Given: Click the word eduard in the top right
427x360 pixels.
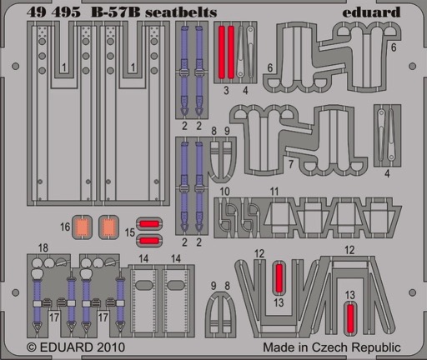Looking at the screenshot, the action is pos(371,12).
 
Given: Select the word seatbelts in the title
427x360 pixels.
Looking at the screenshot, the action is pos(181,12).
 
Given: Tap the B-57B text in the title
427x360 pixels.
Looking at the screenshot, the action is pos(115,12).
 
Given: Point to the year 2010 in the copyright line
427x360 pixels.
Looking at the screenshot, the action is pos(111,347).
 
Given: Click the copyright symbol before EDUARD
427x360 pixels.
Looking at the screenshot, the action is pos(32,347).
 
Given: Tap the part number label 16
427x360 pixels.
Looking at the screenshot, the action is pos(65,227).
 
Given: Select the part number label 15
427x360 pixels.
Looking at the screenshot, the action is pos(129,232).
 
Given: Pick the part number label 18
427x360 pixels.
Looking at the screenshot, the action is pos(43,247).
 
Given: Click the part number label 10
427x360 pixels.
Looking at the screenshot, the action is pos(224,192).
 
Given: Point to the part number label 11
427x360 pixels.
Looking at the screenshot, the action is pos(274,192).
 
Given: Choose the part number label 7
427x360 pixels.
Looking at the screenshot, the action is pos(291,164).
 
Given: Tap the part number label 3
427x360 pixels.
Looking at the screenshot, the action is pos(226,90).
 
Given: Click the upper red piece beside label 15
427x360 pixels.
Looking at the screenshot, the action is pos(149,224).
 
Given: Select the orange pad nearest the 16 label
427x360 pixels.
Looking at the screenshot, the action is pos(82,227).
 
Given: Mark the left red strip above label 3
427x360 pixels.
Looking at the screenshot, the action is pos(221,52).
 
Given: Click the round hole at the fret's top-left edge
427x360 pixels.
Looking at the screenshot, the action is pos(16,67).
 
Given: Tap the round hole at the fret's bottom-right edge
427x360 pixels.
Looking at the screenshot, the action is pos(412,292).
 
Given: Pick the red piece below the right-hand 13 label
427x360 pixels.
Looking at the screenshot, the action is pos(350,318).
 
